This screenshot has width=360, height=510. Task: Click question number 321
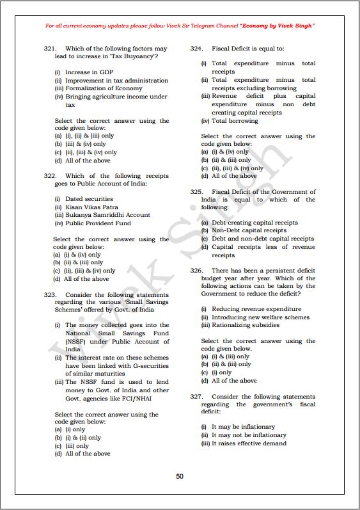51,49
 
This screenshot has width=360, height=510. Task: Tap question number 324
197,49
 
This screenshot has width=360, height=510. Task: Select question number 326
197,271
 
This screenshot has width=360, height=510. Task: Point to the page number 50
180,476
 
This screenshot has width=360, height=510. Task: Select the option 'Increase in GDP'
89,72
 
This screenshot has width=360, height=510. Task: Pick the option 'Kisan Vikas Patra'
91,207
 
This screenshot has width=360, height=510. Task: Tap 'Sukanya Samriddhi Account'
107,215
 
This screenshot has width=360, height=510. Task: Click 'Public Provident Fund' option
98,223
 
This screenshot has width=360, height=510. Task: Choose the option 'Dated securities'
89,199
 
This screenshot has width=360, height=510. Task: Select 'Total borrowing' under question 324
235,120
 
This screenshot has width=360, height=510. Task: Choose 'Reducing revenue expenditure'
256,309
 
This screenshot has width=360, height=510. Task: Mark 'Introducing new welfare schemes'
260,317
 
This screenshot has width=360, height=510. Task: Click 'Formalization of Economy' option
104,88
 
